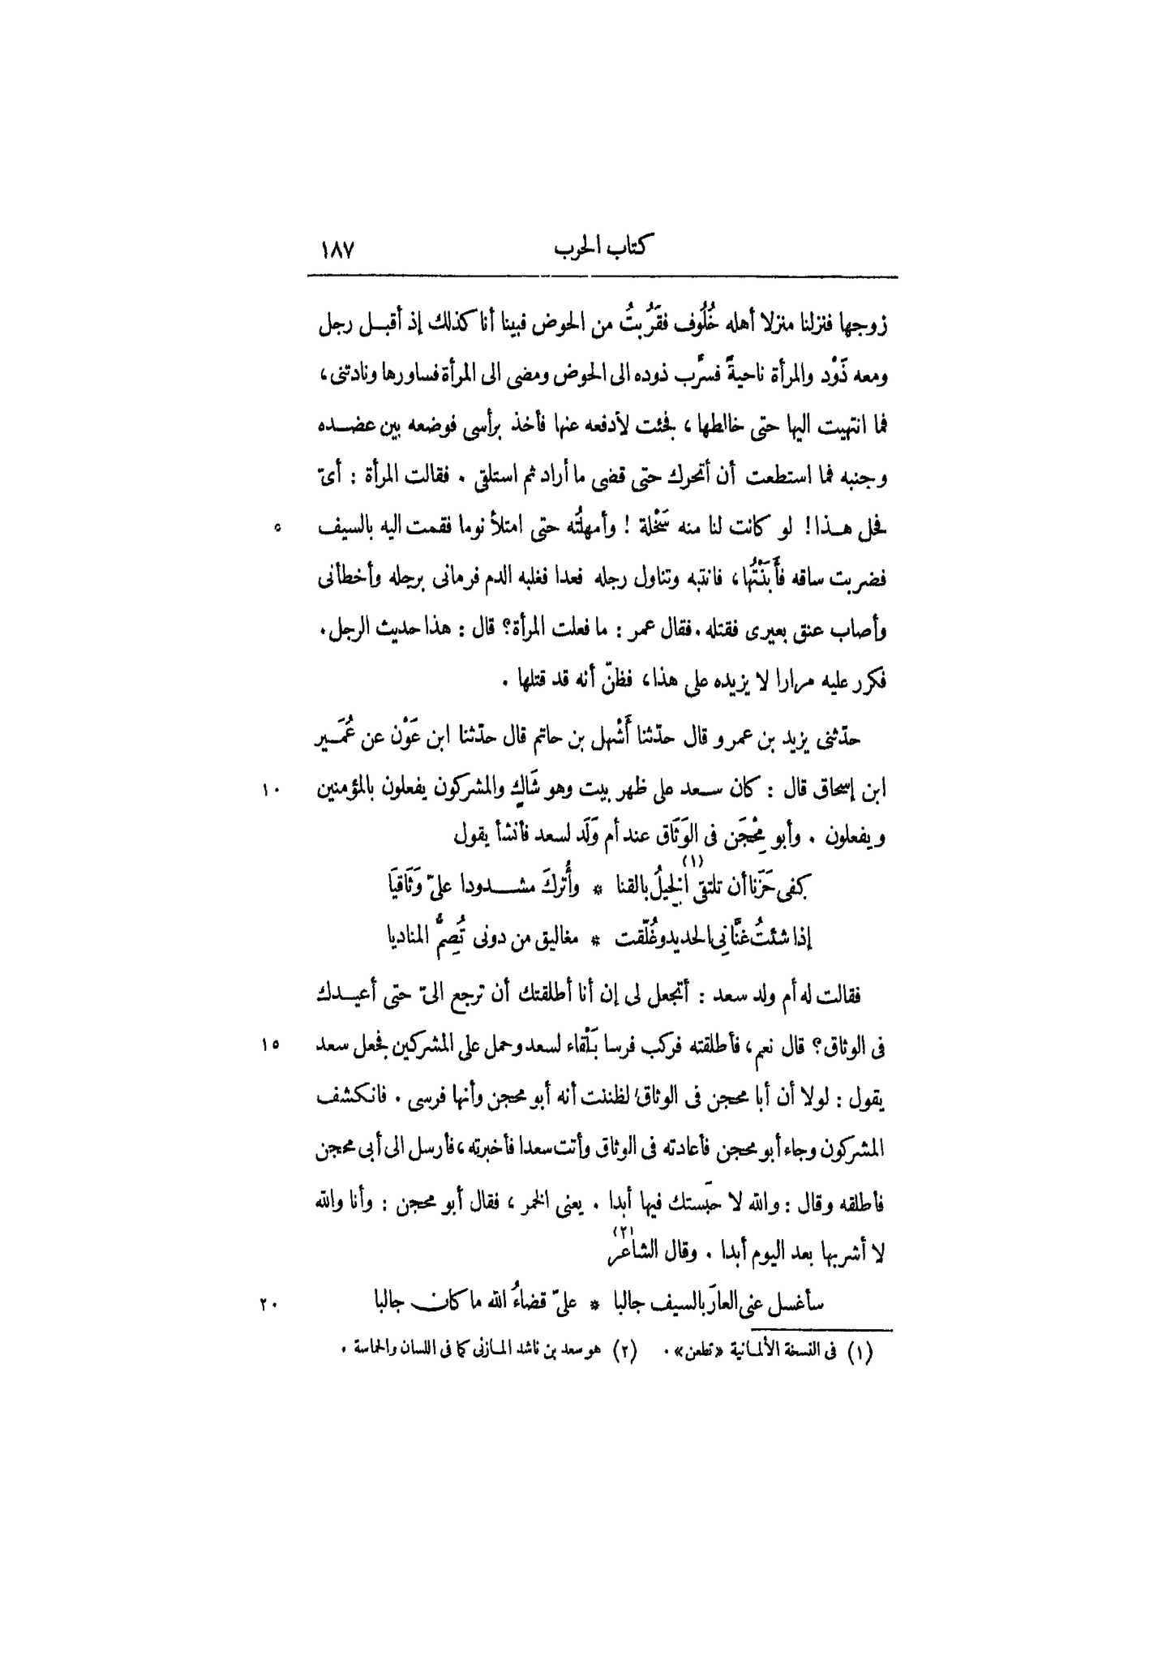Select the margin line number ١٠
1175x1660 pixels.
[270, 787]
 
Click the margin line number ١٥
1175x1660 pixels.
[270, 1046]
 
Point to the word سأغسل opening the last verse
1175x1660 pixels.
[796, 1304]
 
